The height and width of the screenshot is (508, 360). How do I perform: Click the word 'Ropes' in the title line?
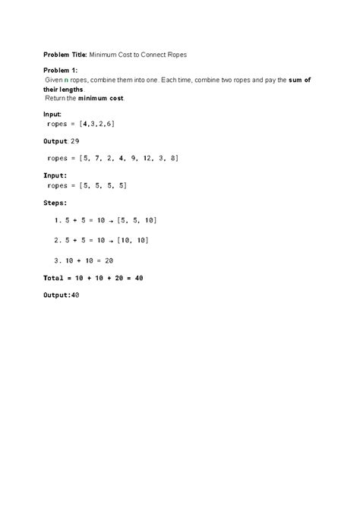point(186,55)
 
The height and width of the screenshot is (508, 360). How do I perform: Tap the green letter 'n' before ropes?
point(65,80)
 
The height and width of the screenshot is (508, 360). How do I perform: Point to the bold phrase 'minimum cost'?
point(101,99)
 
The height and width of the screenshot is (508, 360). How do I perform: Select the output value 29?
point(96,142)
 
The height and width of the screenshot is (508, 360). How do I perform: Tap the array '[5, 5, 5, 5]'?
point(103,185)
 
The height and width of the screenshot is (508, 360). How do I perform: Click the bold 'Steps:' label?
point(55,203)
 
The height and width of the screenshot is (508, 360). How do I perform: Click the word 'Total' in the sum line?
point(54,278)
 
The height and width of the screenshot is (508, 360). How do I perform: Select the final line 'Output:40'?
point(62,295)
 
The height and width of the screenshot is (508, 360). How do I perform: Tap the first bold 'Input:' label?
point(55,114)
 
